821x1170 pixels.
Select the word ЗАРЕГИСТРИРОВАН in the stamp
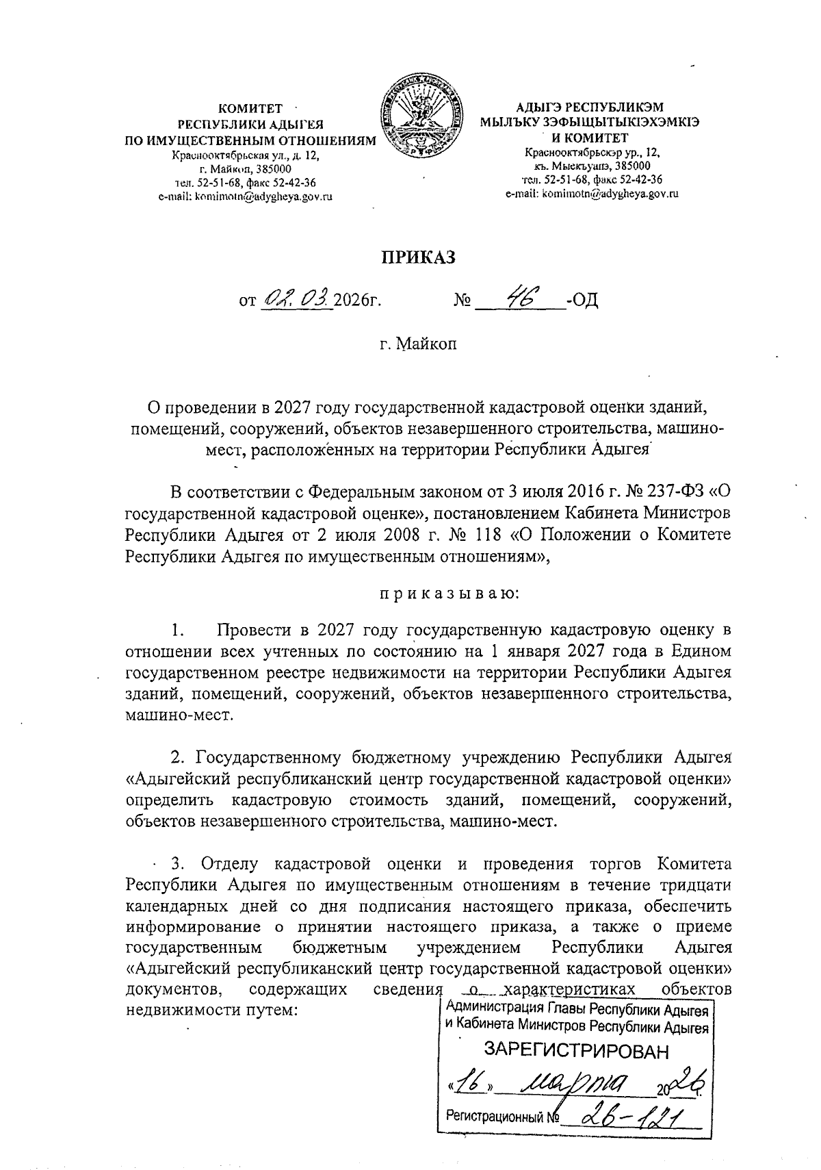[x=575, y=1051]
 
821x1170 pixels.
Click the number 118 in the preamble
[x=491, y=535]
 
